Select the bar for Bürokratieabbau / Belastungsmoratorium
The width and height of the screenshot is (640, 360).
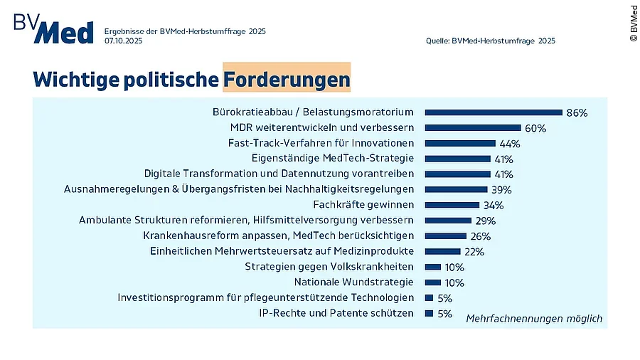pos(494,112)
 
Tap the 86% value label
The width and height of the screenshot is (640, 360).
pos(577,112)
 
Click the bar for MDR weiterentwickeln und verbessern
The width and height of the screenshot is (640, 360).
pos(473,127)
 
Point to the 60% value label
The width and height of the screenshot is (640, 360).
pos(535,128)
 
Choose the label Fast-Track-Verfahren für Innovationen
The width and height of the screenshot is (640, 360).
pos(321,143)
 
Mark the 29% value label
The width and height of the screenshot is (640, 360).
pos(485,221)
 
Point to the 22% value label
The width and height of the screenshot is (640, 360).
pos(474,252)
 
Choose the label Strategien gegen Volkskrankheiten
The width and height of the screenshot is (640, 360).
pos(329,267)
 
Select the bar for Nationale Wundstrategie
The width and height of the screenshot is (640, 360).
pos(433,282)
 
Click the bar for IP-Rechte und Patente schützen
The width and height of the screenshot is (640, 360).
pos(429,313)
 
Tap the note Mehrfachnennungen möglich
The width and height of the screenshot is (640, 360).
pos(534,318)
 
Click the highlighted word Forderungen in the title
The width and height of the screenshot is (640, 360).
pos(286,79)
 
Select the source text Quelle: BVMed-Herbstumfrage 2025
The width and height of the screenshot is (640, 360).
pos(491,41)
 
